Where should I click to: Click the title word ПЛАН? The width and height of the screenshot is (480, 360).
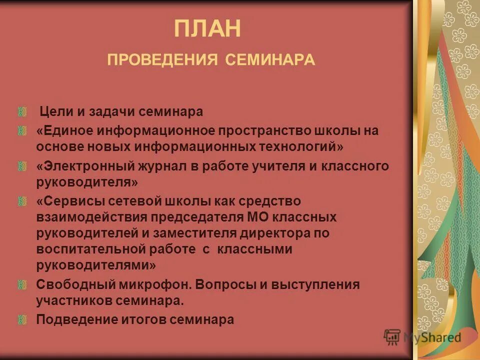click(207, 29)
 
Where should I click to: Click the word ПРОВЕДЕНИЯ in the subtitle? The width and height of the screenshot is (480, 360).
click(162, 60)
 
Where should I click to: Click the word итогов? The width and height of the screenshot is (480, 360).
click(137, 319)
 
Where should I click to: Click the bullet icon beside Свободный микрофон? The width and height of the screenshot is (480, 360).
click(21, 284)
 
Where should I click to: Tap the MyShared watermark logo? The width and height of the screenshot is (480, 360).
click(422, 337)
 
